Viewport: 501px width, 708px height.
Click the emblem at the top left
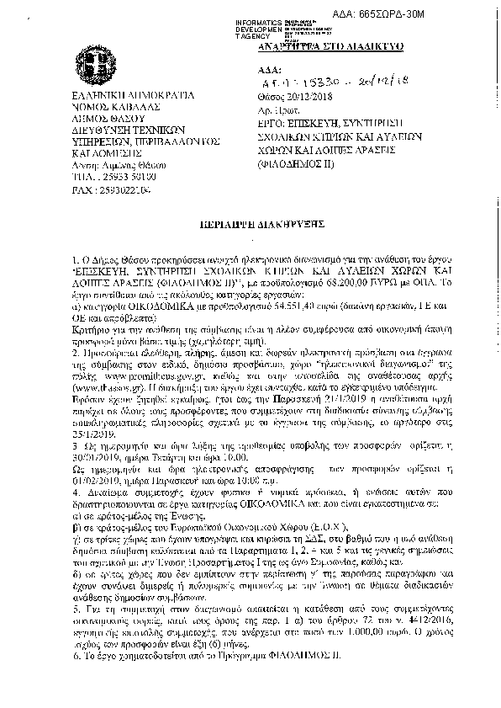[x=84, y=65]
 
